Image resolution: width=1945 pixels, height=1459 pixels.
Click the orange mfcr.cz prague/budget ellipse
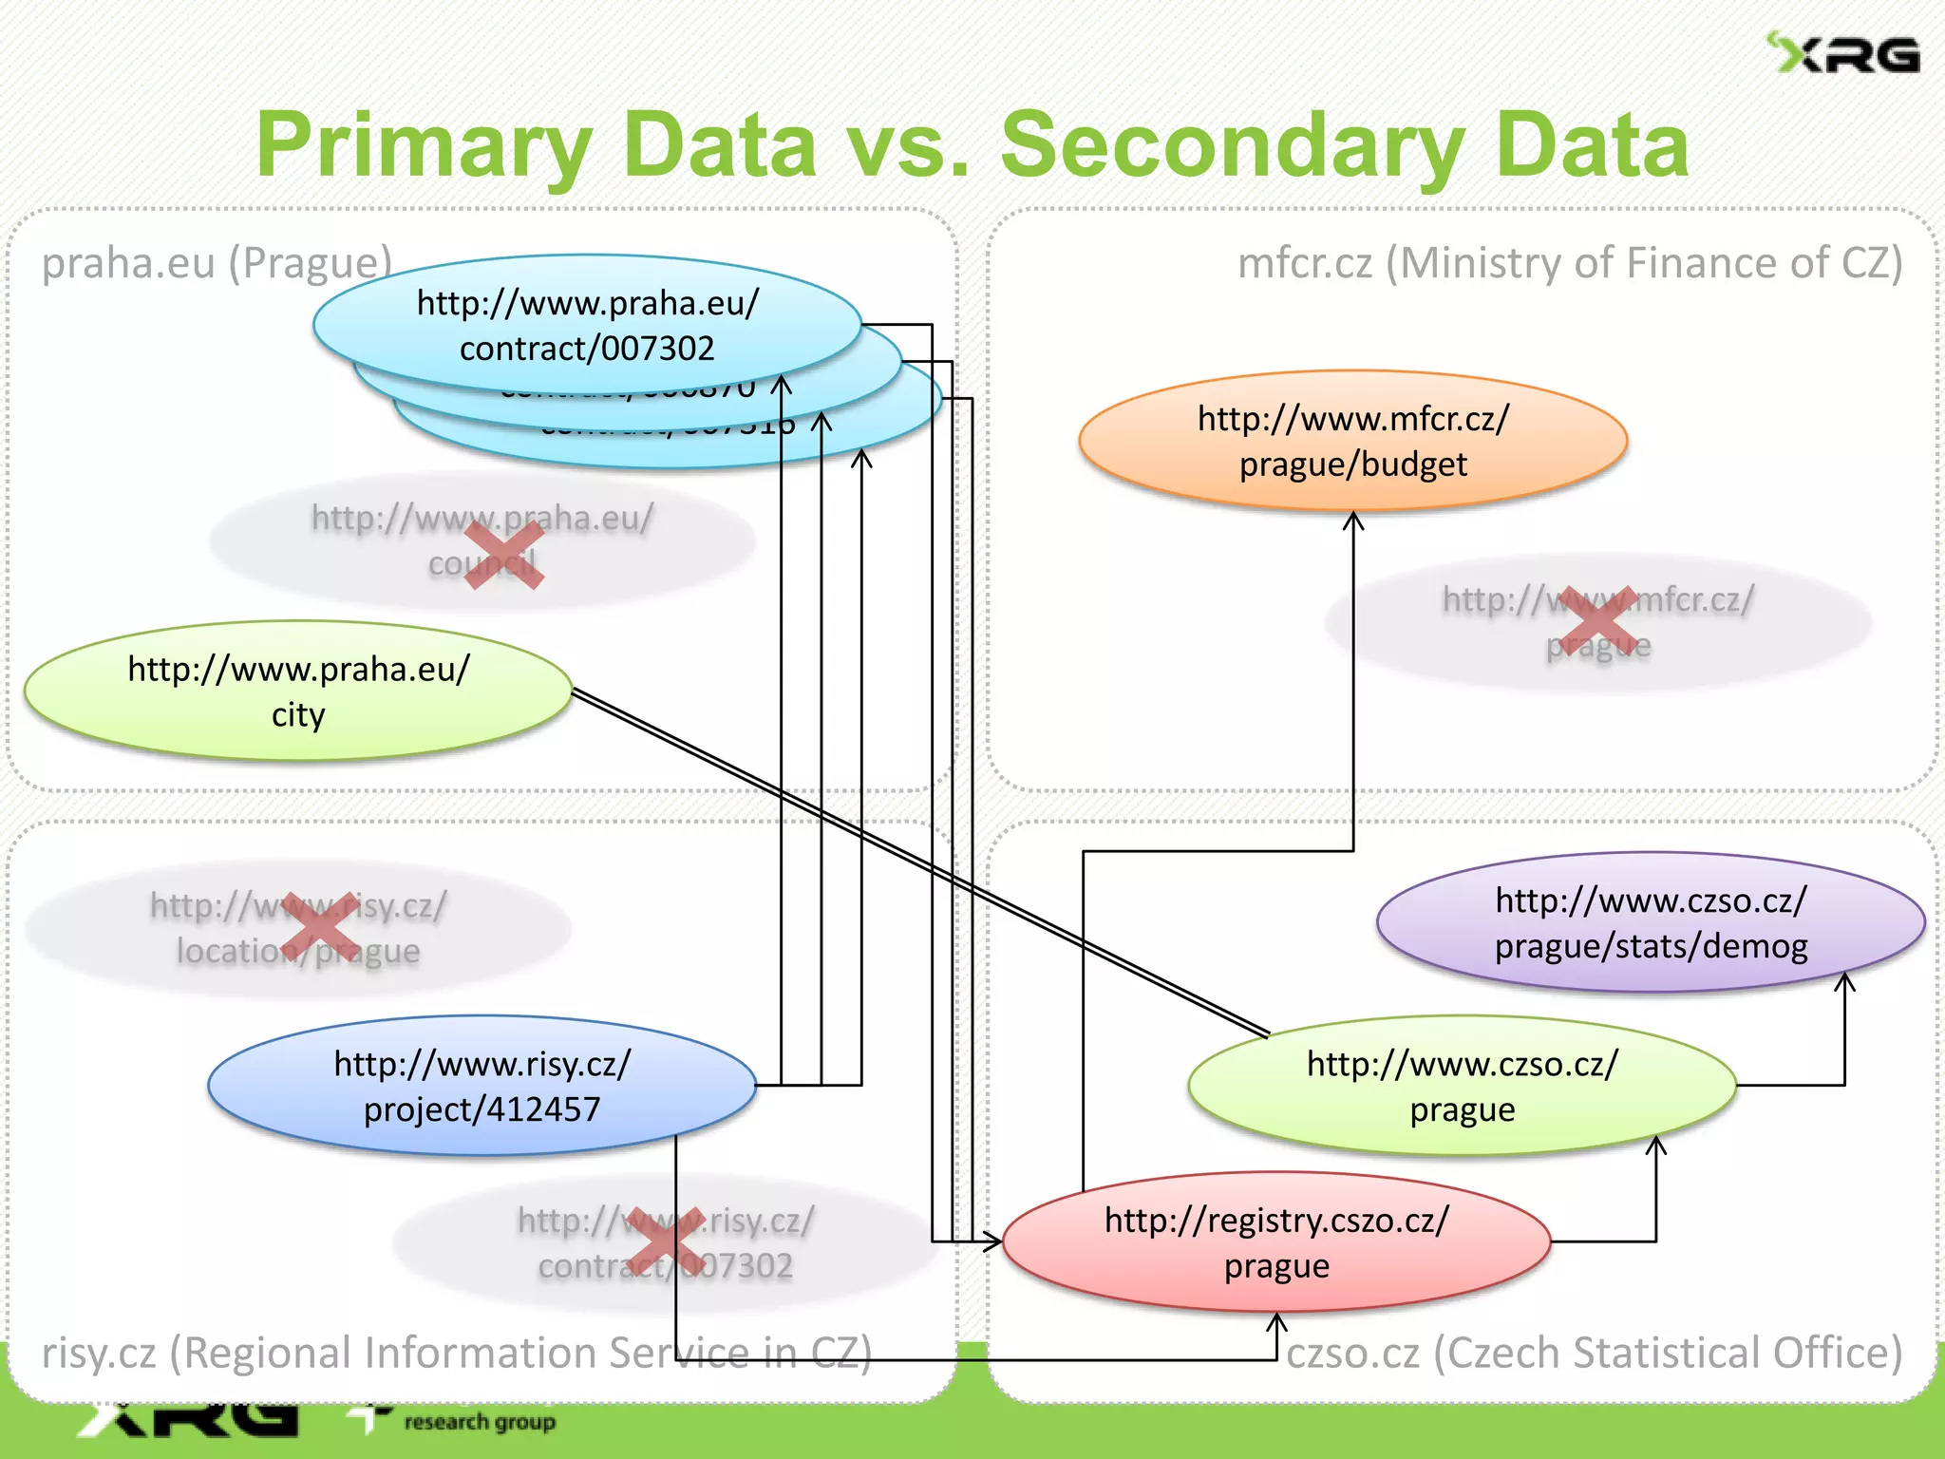click(1352, 441)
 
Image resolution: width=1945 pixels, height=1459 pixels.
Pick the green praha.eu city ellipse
click(298, 692)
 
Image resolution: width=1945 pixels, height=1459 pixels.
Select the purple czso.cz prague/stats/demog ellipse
click(1651, 922)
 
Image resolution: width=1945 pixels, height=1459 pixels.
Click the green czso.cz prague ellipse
click(1462, 1086)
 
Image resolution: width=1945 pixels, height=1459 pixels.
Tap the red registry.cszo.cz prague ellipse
click(1276, 1242)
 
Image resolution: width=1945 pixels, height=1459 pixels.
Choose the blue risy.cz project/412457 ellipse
click(482, 1086)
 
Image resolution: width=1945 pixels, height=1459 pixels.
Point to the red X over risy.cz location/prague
click(320, 928)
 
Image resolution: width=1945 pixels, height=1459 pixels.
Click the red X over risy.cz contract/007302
click(664, 1242)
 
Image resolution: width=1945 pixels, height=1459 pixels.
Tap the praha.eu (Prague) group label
click(217, 263)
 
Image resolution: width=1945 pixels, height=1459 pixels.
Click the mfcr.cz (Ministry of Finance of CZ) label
click(1570, 263)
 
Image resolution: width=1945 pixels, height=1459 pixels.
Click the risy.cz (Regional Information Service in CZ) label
click(456, 1353)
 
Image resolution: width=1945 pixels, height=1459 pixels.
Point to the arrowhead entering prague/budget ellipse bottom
click(1353, 521)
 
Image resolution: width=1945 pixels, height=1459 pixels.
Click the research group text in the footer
click(480, 1422)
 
